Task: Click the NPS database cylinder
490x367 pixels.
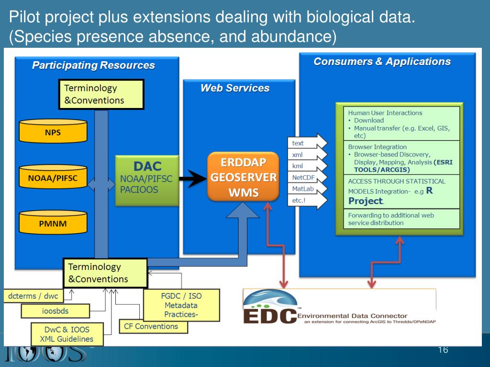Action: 53,131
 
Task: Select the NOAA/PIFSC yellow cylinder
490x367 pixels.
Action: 53,178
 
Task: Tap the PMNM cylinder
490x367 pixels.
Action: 53,223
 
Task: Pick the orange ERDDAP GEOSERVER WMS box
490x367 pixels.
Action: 243,177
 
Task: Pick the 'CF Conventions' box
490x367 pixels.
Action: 153,327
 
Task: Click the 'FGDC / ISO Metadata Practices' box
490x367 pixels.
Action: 181,305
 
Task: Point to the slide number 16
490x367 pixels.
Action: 443,350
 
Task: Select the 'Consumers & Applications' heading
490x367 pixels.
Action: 382,62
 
